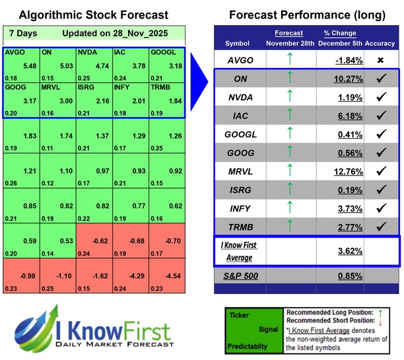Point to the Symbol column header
click(238, 44)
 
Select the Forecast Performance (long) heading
click(307, 15)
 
